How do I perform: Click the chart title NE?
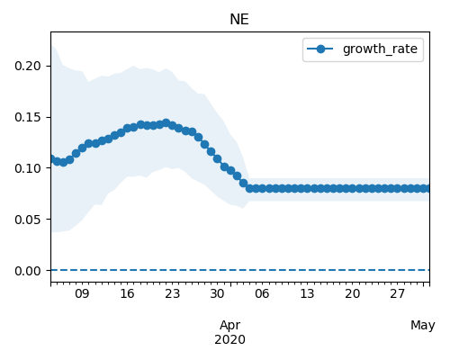(x=239, y=20)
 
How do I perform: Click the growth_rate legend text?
(x=380, y=49)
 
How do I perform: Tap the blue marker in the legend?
(x=320, y=49)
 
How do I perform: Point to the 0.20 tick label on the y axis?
(x=28, y=66)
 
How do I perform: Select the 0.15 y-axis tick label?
(x=28, y=117)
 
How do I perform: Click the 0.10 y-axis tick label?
(x=28, y=168)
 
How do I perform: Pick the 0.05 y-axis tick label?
(x=28, y=220)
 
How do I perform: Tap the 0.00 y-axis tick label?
(x=28, y=271)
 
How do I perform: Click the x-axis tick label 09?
(x=82, y=293)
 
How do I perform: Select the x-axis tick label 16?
(x=127, y=293)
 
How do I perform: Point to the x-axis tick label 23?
(x=172, y=293)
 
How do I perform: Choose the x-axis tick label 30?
(x=217, y=293)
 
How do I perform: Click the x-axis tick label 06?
(x=262, y=293)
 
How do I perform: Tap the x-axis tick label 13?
(x=307, y=293)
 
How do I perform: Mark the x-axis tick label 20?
(x=352, y=293)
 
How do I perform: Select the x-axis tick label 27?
(x=397, y=293)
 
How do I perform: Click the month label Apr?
(x=229, y=326)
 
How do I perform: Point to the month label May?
(x=423, y=326)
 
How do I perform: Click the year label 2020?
(x=229, y=339)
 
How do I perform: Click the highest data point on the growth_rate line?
(x=166, y=123)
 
